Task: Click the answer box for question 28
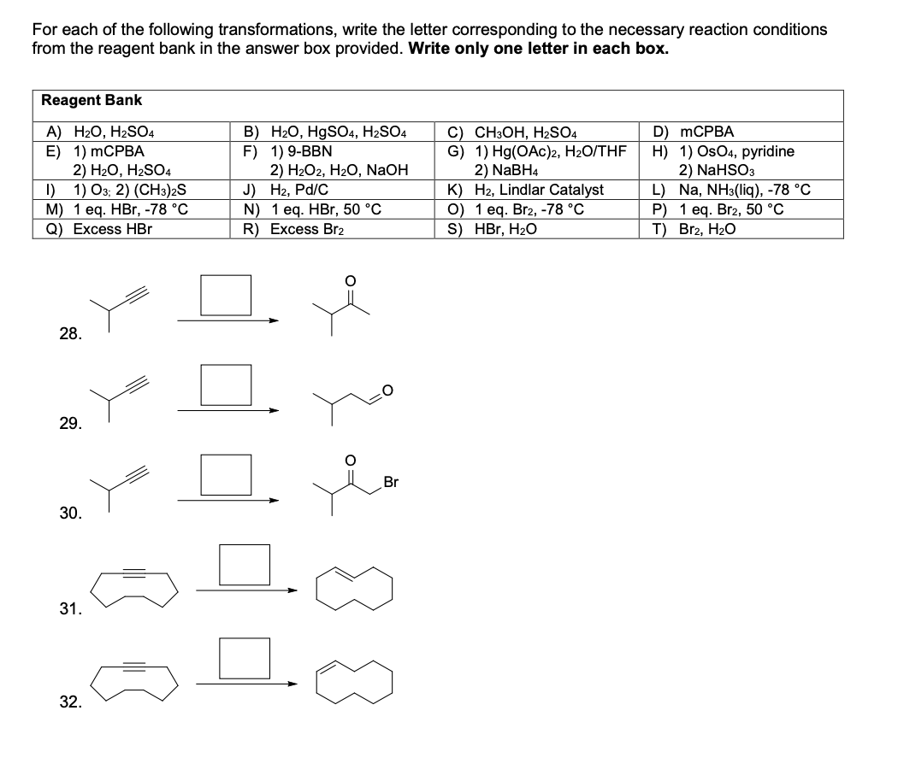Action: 227,295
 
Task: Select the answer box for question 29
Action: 227,385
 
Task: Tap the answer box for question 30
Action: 227,473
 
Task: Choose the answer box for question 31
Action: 245,562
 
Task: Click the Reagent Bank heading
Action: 92,100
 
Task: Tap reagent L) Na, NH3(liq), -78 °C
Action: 731,190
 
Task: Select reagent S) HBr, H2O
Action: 502,229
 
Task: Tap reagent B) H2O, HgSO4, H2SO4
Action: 325,132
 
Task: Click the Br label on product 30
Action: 391,483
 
